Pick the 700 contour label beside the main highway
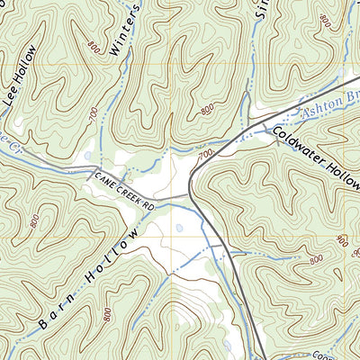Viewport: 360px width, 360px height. [x=206, y=156]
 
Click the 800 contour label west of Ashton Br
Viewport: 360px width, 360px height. [x=208, y=109]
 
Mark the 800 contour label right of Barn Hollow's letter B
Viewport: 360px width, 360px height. [x=106, y=314]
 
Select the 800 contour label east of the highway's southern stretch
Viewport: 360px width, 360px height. [x=315, y=260]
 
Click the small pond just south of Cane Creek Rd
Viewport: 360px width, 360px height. [x=179, y=228]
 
